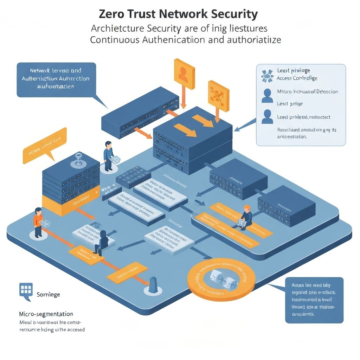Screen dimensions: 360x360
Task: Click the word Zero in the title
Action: pyautogui.click(x=112, y=14)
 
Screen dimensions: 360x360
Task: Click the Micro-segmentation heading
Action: pyautogui.click(x=46, y=314)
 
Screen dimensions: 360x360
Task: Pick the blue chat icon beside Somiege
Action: pyautogui.click(x=26, y=290)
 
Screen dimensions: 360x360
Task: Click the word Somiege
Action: pyautogui.click(x=48, y=295)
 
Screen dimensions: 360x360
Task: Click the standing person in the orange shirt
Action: pyautogui.click(x=38, y=222)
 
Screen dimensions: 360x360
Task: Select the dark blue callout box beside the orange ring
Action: pyautogui.click(x=314, y=300)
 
